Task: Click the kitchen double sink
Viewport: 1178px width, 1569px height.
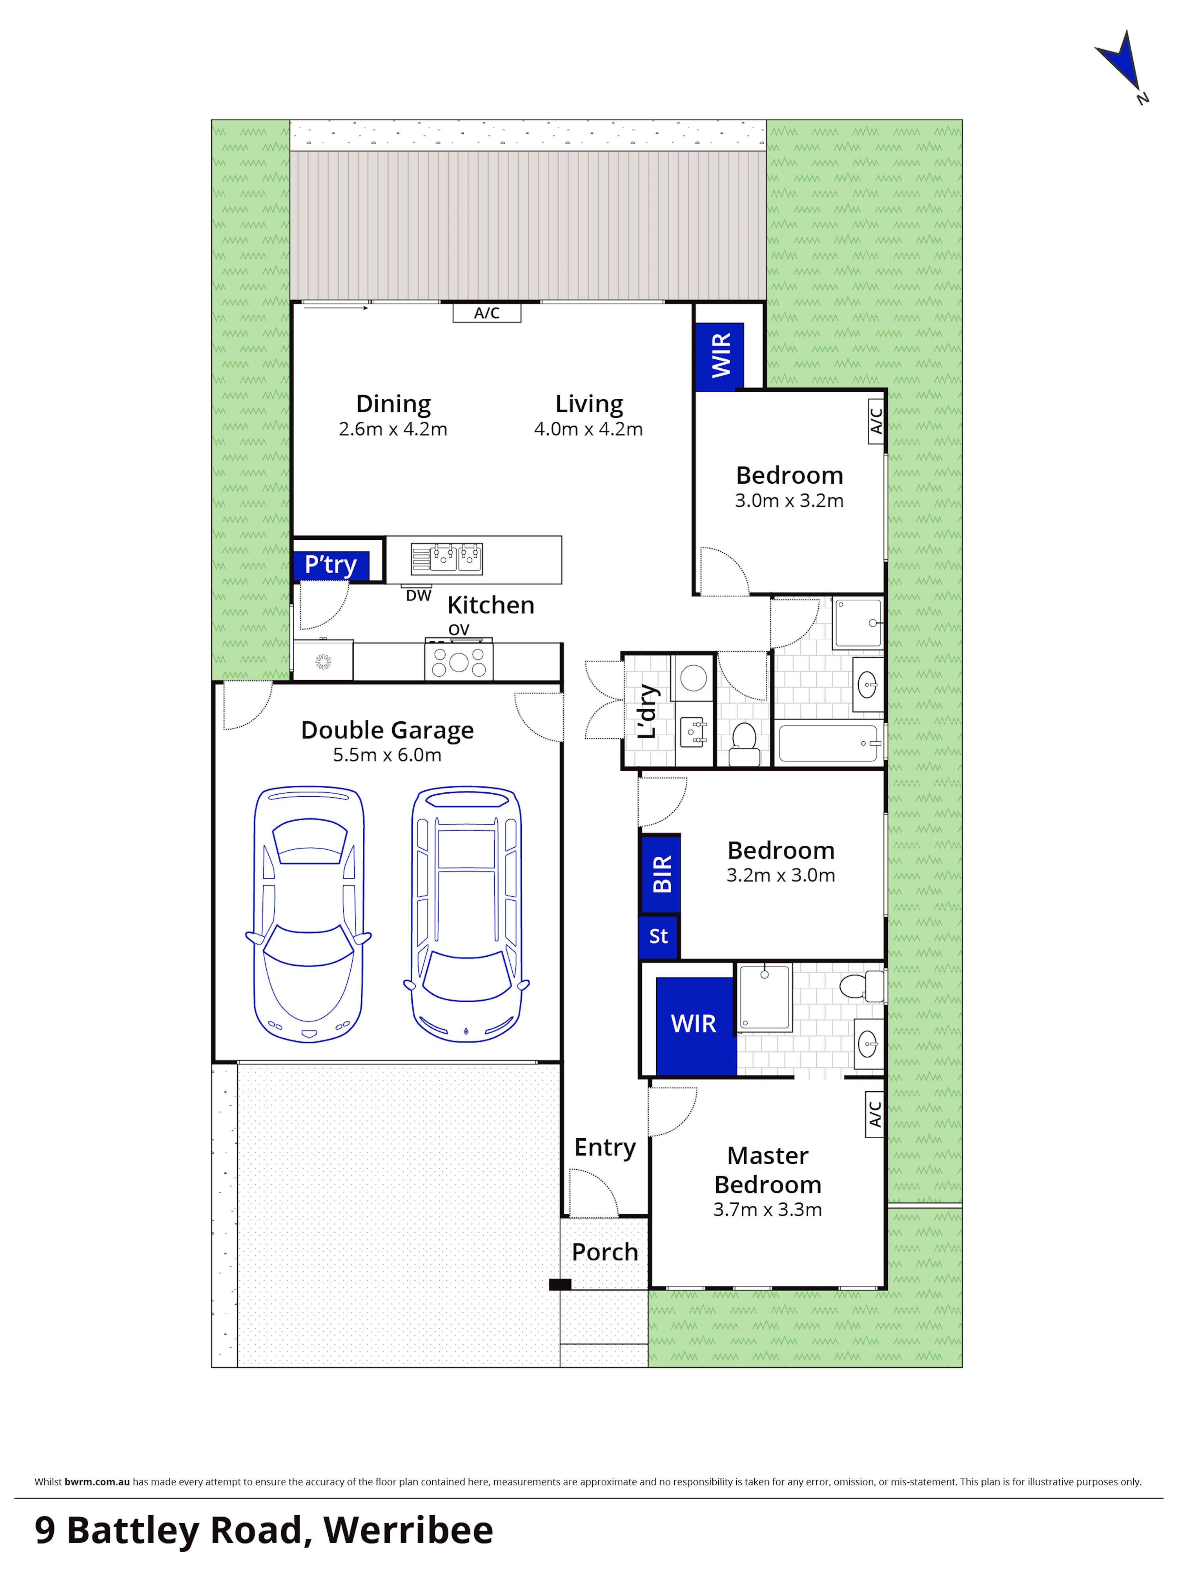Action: pyautogui.click(x=447, y=559)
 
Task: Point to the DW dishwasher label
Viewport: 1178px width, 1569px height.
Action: pyautogui.click(x=419, y=596)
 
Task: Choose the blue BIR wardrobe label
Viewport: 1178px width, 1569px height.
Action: pyautogui.click(x=661, y=874)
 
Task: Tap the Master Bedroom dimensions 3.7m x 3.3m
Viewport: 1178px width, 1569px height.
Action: pyautogui.click(x=767, y=1209)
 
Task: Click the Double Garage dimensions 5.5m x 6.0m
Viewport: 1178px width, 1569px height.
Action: pyautogui.click(x=387, y=755)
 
